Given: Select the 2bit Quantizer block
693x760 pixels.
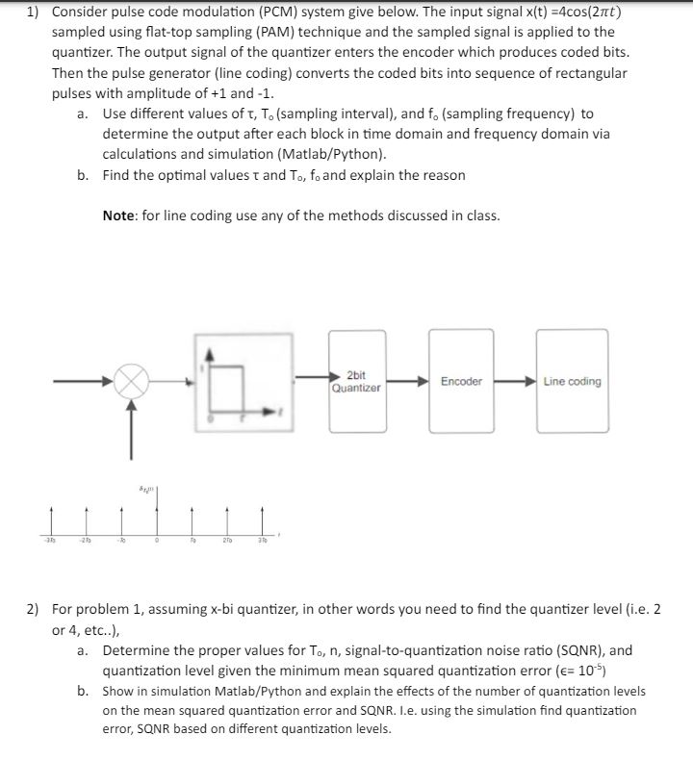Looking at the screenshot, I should [x=356, y=382].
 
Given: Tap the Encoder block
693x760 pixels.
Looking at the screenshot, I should [x=461, y=382].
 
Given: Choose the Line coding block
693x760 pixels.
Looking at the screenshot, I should [x=572, y=382].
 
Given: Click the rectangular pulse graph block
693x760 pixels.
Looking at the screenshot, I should [x=240, y=382].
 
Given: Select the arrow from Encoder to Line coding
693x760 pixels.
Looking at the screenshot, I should [x=513, y=382].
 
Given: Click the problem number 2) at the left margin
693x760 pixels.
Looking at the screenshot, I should [x=34, y=610].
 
